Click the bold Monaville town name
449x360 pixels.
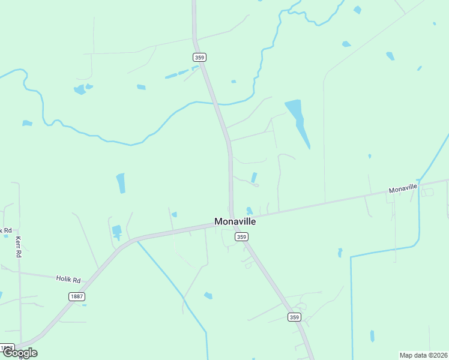235,221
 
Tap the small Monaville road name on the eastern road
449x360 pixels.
403,188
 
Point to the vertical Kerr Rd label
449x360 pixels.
18,247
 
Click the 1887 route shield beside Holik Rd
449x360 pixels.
77,296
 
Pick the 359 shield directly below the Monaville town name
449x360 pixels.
241,237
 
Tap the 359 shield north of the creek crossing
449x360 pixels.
200,57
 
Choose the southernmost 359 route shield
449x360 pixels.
294,317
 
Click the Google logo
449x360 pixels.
20,353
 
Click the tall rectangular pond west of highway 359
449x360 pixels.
121,183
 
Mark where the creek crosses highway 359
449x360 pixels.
217,104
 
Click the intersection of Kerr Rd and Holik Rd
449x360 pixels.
20,272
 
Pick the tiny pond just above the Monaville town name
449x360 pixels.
249,211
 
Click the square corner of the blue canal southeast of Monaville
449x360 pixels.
351,257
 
